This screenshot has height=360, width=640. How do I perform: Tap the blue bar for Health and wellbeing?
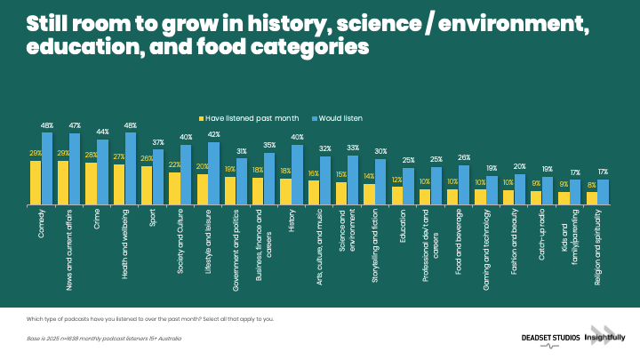coord(132,170)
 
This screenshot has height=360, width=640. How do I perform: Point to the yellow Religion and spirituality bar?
coord(592,199)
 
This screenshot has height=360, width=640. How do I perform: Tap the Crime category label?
coord(92,221)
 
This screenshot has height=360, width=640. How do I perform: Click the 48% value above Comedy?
coord(47,125)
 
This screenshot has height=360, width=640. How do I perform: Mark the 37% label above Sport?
coord(158,142)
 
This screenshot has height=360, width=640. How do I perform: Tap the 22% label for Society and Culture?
coord(174,165)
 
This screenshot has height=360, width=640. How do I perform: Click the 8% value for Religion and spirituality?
coord(592,186)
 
